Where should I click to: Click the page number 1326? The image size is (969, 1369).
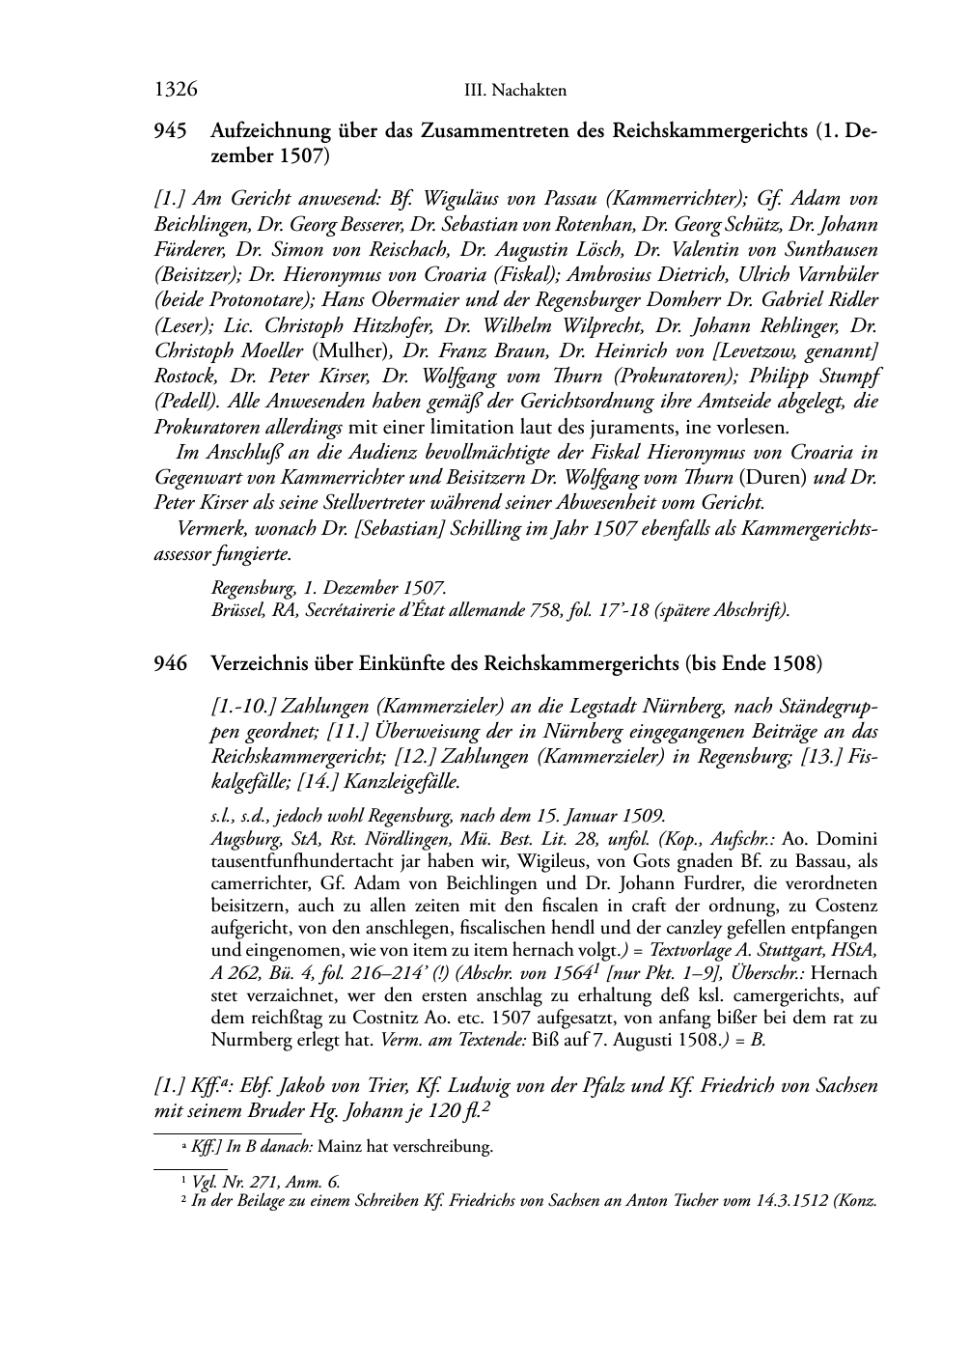(176, 90)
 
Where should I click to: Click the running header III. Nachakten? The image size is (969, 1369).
(514, 91)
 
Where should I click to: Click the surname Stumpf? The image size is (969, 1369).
(844, 376)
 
